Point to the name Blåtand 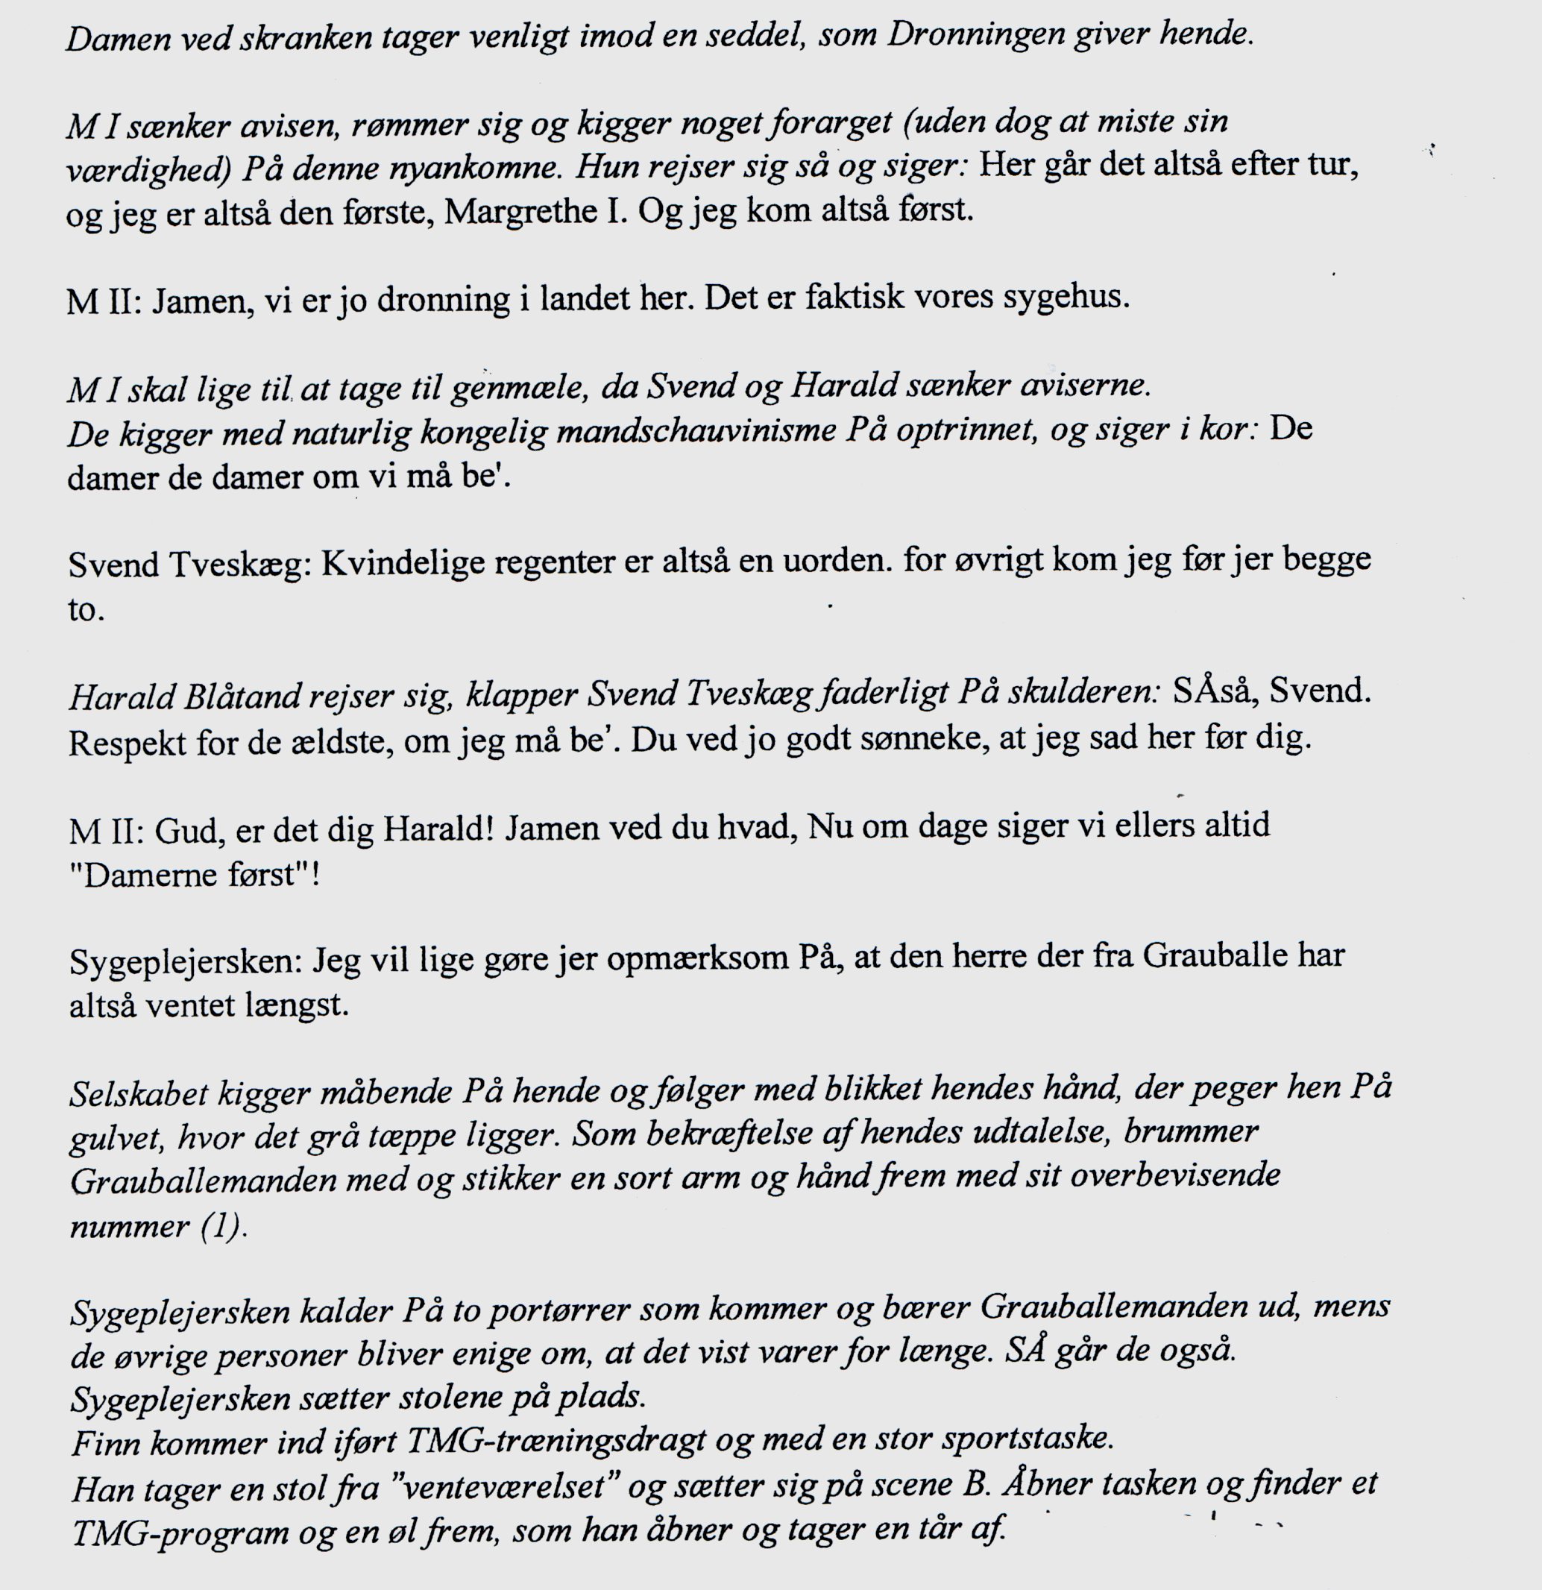pos(233,695)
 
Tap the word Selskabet pos(138,1094)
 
